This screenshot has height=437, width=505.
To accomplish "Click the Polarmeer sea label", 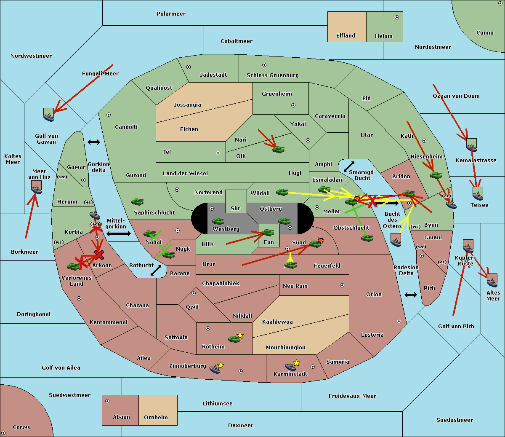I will (x=171, y=14).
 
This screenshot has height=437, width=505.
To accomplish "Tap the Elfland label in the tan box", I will (x=346, y=36).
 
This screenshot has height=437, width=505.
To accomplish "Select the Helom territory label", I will (x=383, y=36).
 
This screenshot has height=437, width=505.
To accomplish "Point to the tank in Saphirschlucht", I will (x=137, y=202).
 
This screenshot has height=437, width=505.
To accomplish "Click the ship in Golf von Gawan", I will (x=49, y=115).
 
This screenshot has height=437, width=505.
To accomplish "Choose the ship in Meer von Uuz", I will (x=37, y=188).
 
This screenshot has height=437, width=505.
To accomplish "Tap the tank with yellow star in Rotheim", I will (x=234, y=338).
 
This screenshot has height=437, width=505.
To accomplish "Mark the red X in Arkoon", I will (x=99, y=255).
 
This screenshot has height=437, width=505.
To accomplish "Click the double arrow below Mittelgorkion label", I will (x=119, y=233).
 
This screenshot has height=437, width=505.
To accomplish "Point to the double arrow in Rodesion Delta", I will (x=411, y=295).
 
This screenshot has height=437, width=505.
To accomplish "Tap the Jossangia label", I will (x=187, y=105).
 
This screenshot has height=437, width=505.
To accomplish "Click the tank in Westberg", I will (x=218, y=221).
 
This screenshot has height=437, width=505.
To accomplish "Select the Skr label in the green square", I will (x=235, y=208).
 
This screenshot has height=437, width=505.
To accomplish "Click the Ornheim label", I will (x=156, y=417).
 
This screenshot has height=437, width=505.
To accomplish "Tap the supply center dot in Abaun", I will (x=107, y=401).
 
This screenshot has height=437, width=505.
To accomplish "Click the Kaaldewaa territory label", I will (x=277, y=322).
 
